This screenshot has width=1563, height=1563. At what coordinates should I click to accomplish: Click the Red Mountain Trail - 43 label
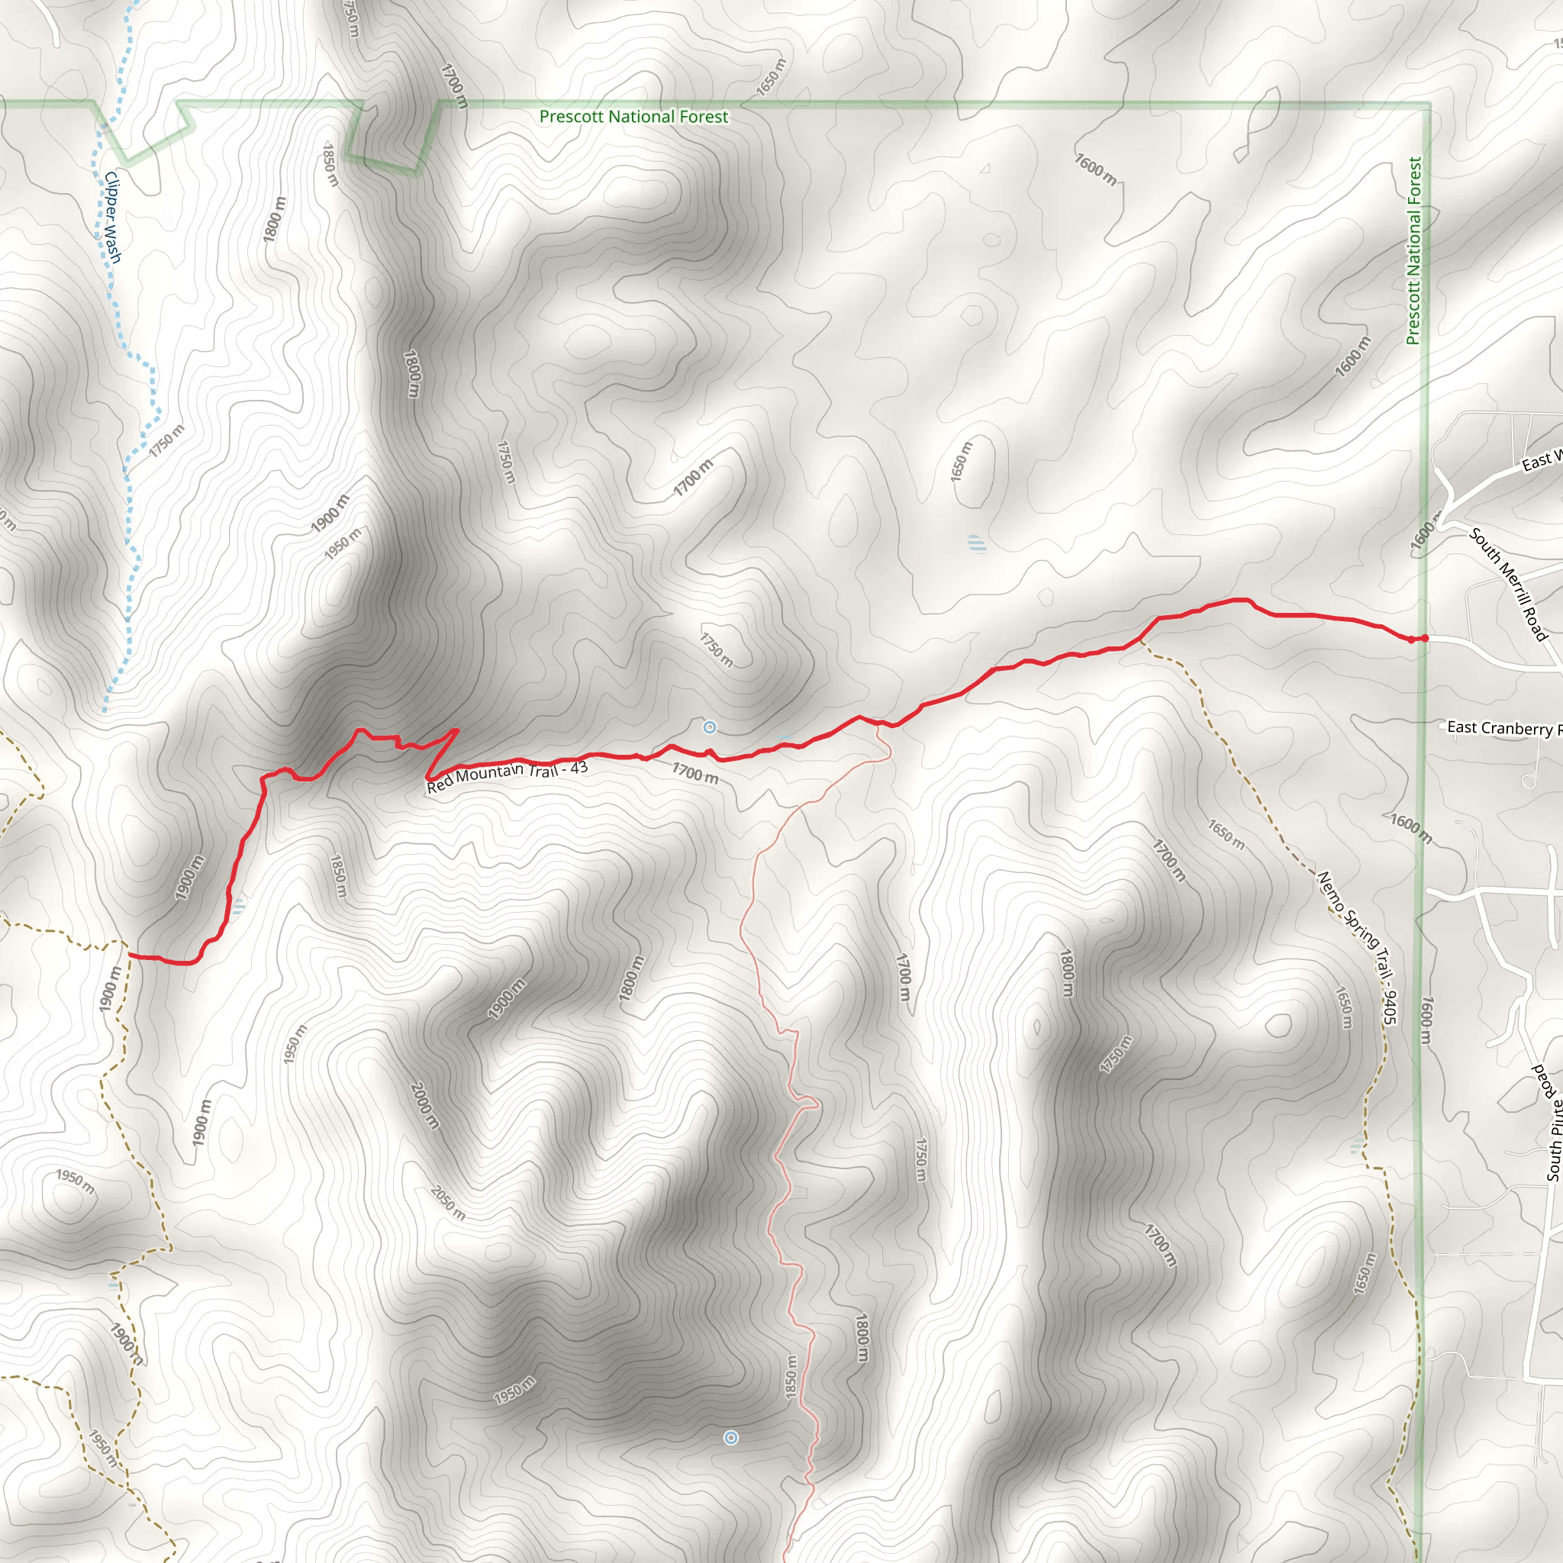(508, 777)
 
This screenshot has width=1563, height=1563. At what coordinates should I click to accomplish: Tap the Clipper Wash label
(113, 218)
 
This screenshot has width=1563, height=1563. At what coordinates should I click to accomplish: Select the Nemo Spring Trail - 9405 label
(1358, 947)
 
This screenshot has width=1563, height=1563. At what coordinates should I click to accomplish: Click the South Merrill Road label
(1509, 583)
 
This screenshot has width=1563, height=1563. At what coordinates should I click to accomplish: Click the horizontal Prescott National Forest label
(633, 117)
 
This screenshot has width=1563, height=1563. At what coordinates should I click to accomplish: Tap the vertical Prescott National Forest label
(1413, 251)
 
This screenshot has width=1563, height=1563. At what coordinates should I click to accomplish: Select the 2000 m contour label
(425, 1105)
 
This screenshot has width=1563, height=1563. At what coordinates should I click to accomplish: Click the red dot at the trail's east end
(1424, 638)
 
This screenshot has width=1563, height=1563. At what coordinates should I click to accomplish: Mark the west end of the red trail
(131, 956)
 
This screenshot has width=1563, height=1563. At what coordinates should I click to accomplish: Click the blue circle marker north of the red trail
(710, 727)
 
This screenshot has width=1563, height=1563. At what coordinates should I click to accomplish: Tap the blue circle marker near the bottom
(730, 1438)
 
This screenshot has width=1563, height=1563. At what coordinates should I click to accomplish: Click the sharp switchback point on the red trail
(458, 730)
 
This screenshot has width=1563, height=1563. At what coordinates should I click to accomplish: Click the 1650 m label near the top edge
(770, 77)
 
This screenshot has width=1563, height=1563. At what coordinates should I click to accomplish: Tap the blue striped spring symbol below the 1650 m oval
(978, 543)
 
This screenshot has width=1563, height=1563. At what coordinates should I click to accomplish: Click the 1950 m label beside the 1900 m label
(343, 543)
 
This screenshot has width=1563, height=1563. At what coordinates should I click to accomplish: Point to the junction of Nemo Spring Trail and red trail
(1141, 639)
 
